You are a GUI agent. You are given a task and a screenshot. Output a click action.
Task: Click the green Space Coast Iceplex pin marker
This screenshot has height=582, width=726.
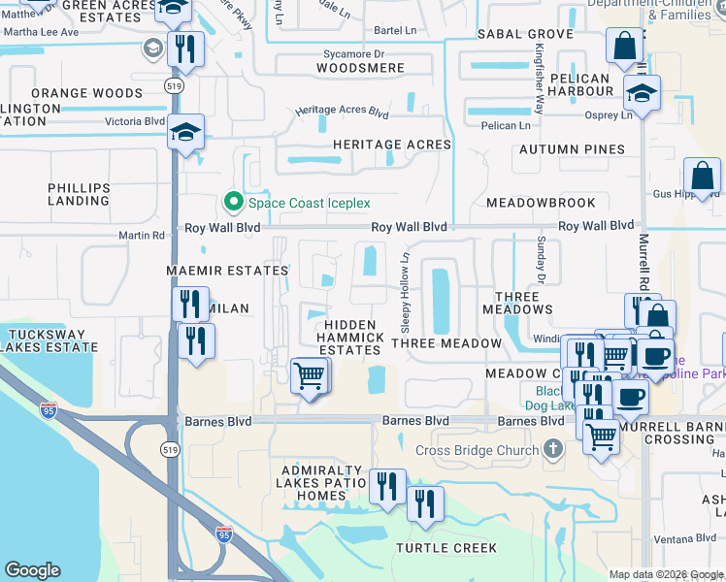(233, 203)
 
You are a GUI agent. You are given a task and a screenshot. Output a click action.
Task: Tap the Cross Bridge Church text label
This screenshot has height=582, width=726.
(477, 450)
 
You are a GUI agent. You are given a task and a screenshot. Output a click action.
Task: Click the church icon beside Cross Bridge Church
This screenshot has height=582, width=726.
(553, 449)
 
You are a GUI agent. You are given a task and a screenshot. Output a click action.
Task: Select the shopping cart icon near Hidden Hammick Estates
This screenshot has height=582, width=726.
(310, 374)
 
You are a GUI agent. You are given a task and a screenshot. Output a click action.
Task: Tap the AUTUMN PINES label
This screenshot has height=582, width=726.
(572, 149)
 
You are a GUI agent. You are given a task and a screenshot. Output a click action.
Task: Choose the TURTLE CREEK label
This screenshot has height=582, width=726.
(446, 548)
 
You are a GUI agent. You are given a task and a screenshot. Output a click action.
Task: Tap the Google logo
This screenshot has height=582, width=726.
(32, 570)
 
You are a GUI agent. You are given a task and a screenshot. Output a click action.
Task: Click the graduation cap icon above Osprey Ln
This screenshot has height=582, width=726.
(642, 94)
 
